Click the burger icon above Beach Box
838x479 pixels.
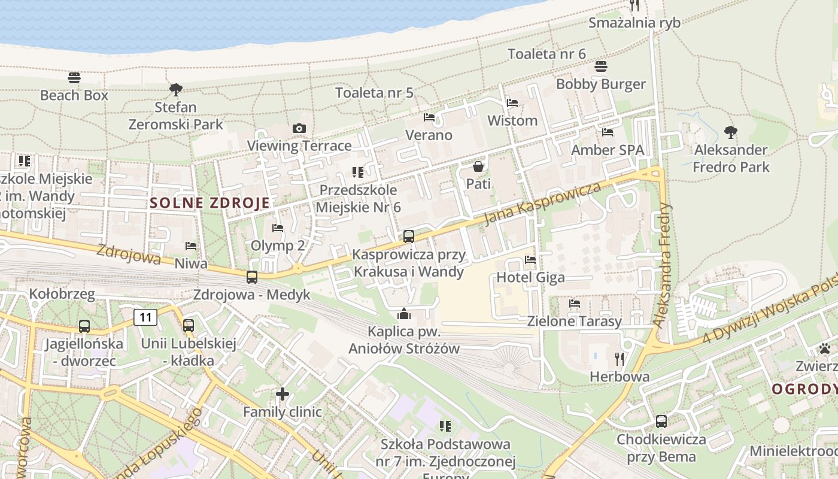(x=74, y=78)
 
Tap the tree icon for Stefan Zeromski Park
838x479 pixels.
(x=175, y=90)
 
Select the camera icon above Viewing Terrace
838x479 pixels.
(x=299, y=128)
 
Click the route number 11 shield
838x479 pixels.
(x=145, y=317)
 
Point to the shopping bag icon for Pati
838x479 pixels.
(x=478, y=166)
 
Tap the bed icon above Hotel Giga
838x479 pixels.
(x=530, y=260)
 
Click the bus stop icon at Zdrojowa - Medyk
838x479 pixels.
(x=252, y=277)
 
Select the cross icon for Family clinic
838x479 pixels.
(x=283, y=394)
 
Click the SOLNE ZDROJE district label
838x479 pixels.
(x=209, y=202)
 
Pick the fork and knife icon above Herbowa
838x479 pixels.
(x=620, y=359)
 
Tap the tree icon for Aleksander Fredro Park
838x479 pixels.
(x=730, y=132)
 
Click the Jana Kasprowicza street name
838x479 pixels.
(x=542, y=204)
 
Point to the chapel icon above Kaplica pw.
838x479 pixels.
(x=404, y=314)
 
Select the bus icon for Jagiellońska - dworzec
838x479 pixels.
(x=84, y=326)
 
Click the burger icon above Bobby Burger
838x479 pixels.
(x=601, y=66)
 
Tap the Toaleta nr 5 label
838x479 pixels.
(x=374, y=93)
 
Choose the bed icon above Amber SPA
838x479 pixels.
(x=608, y=132)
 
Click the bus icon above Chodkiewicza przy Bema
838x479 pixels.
(x=661, y=421)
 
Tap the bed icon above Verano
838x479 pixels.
(x=429, y=117)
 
